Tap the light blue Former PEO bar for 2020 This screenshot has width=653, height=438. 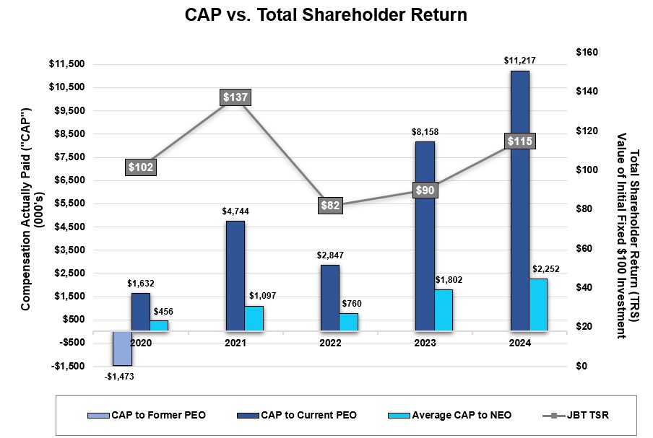click(122, 348)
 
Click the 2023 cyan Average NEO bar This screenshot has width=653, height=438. click(444, 310)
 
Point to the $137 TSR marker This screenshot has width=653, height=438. click(235, 97)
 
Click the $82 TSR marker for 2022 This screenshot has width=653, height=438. click(329, 206)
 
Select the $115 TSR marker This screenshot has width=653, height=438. click(519, 141)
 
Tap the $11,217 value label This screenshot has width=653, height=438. click(519, 61)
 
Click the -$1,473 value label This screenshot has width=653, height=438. click(120, 376)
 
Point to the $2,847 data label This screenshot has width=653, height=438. click(329, 255)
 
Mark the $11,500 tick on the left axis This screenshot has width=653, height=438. click(66, 64)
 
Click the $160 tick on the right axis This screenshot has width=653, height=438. click(587, 53)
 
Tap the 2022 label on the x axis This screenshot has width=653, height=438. click(329, 343)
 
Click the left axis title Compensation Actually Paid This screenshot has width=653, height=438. click(26, 209)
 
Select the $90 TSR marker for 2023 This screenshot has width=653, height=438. click(425, 190)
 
